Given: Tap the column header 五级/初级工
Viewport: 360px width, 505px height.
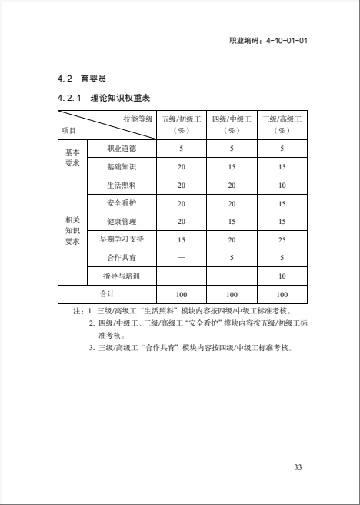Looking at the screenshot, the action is pyautogui.click(x=182, y=119).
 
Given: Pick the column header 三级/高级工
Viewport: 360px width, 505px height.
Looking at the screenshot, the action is pyautogui.click(x=282, y=119).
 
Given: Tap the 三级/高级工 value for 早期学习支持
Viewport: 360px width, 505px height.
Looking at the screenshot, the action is pyautogui.click(x=282, y=239).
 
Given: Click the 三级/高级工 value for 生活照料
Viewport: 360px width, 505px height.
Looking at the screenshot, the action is pyautogui.click(x=282, y=186).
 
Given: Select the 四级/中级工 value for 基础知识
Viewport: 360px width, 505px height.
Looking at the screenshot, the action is pyautogui.click(x=232, y=166).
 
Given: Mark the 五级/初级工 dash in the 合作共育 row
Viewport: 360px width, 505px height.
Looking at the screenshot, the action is pyautogui.click(x=182, y=258).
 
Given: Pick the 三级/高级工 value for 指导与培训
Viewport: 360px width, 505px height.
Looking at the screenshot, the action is pyautogui.click(x=282, y=276).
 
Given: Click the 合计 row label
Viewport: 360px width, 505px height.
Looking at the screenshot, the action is pyautogui.click(x=108, y=294).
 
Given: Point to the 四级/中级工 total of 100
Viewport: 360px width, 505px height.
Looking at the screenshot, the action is pyautogui.click(x=232, y=294).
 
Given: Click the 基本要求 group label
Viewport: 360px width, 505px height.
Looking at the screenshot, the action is pyautogui.click(x=72, y=157).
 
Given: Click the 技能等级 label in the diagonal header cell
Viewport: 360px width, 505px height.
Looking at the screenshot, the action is pyautogui.click(x=138, y=119).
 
